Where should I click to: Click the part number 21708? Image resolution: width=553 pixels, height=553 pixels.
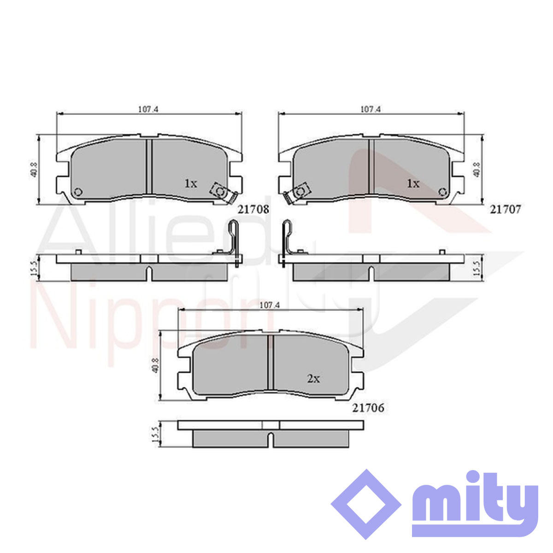click(253, 210)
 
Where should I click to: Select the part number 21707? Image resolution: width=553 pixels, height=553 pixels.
click(505, 210)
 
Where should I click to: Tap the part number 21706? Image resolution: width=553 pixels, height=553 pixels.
click(368, 408)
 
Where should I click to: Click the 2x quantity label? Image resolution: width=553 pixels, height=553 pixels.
click(313, 379)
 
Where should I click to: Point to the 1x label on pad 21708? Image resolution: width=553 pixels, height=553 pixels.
click(191, 183)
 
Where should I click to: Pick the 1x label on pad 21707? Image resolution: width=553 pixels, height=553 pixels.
click(413, 183)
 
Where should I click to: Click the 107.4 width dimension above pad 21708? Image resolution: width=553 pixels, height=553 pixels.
click(149, 109)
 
